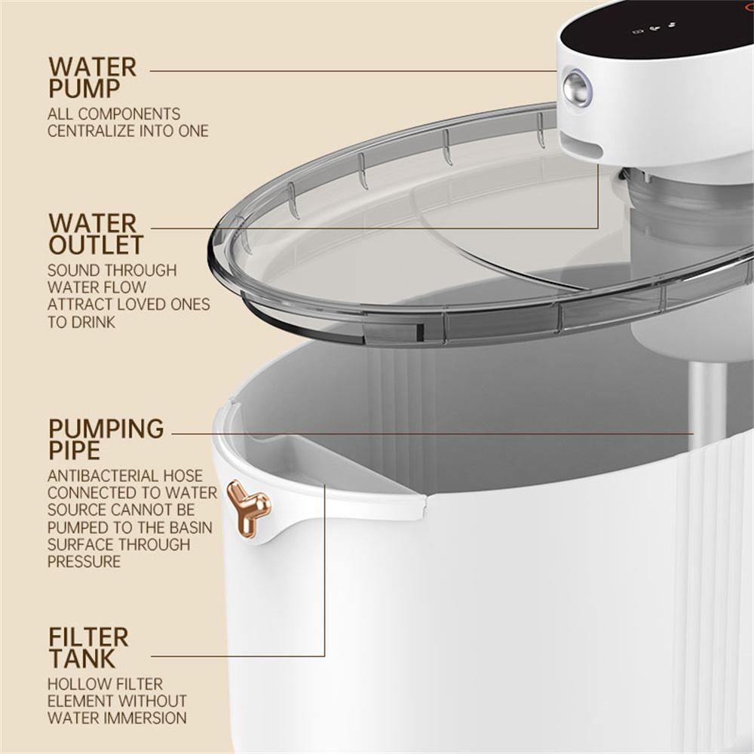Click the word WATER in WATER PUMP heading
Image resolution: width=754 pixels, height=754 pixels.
pyautogui.click(x=93, y=66)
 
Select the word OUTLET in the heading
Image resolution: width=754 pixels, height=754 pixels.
pyautogui.click(x=96, y=245)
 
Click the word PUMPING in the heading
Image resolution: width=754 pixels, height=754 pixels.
pyautogui.click(x=106, y=429)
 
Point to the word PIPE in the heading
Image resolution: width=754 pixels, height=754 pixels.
pyautogui.click(x=74, y=451)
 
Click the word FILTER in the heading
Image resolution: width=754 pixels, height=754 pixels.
pyautogui.click(x=88, y=637)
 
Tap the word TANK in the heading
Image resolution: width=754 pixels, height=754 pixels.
pyautogui.click(x=82, y=659)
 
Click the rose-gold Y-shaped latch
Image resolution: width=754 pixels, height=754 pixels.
pyautogui.click(x=247, y=507)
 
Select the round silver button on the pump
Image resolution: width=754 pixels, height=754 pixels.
pyautogui.click(x=578, y=88)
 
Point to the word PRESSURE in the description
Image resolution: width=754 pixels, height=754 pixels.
pyautogui.click(x=84, y=562)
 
